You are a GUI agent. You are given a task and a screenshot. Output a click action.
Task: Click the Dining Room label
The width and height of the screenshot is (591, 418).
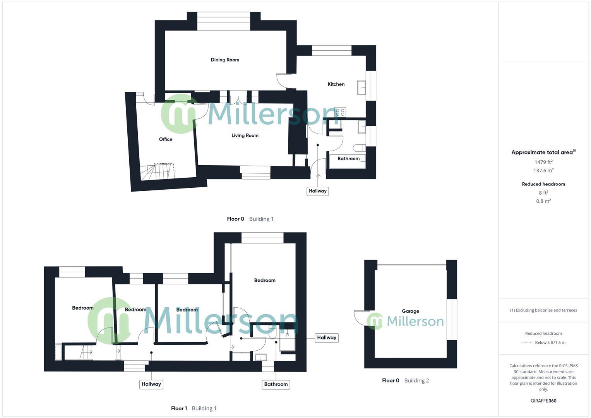225,60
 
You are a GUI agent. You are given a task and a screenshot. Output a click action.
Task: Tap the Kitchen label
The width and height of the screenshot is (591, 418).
336,84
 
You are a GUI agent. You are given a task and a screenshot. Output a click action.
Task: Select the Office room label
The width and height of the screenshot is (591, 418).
166,139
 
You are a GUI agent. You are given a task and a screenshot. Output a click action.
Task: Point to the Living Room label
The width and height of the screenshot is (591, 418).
245,135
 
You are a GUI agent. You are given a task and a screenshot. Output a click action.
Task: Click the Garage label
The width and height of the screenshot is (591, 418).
410,311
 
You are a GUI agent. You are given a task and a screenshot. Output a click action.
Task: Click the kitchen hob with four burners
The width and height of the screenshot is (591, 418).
340,112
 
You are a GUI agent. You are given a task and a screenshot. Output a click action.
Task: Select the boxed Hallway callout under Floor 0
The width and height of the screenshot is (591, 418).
317,191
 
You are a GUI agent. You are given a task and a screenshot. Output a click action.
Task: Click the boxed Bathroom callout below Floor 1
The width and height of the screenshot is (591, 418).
276,384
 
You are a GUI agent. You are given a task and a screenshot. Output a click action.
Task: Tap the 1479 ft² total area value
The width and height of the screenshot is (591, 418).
543,162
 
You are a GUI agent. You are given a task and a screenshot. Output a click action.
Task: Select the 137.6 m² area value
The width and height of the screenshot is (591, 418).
543,171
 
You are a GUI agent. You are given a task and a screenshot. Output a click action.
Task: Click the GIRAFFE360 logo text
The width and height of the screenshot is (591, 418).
543,401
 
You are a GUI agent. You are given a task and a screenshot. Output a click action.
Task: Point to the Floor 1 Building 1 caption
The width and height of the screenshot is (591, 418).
194,408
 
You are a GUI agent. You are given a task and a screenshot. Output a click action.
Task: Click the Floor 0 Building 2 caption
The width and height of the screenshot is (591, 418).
405,380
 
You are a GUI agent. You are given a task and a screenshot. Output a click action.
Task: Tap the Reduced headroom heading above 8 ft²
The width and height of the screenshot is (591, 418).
543,184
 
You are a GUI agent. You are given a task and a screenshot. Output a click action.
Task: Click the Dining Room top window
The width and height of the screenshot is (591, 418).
224,21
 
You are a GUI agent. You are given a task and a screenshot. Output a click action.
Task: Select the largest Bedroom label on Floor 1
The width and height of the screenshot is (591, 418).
265,280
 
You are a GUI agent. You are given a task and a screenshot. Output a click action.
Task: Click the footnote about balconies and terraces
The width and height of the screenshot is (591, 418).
543,310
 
